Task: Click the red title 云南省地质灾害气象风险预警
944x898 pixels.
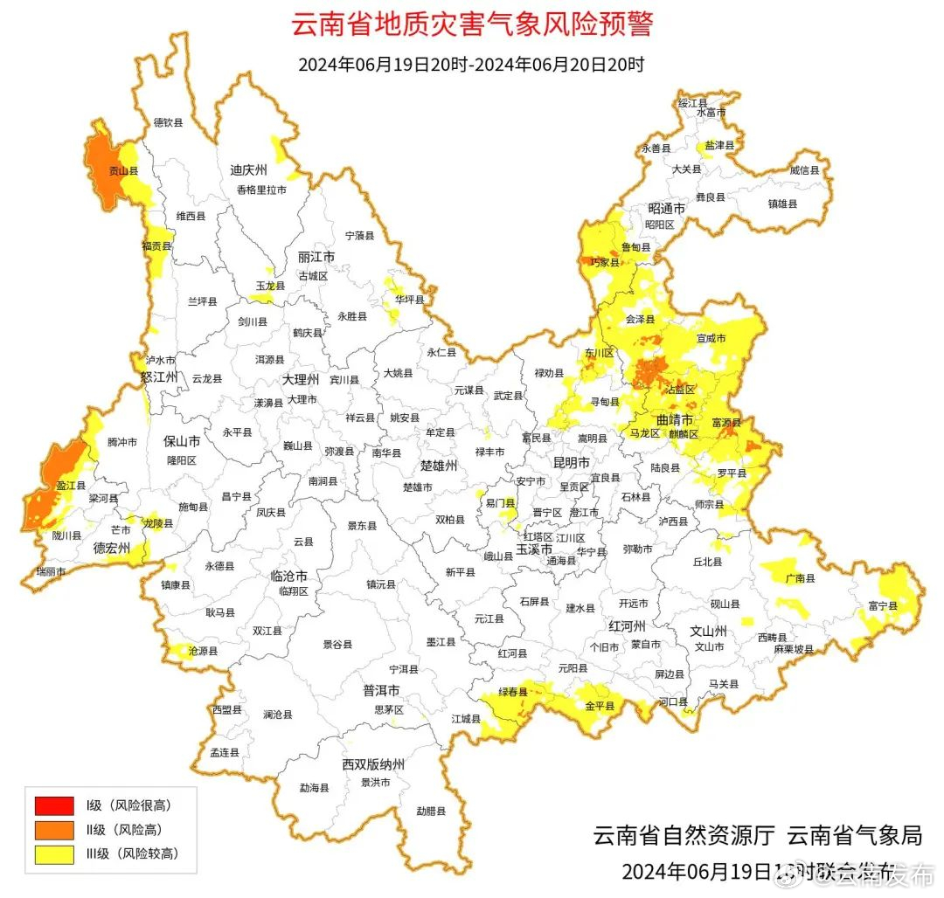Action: click(471, 24)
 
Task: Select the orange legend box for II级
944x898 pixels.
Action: click(54, 829)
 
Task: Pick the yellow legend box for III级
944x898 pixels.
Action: click(54, 854)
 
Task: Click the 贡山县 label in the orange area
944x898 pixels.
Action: click(117, 171)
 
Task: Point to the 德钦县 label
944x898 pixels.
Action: click(168, 123)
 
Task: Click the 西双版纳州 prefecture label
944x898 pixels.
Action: click(373, 764)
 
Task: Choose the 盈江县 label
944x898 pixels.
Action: click(71, 485)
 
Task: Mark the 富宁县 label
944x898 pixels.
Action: click(884, 604)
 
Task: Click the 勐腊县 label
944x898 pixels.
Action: click(431, 811)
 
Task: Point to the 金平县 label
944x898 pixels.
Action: click(600, 705)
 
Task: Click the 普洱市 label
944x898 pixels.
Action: click(382, 690)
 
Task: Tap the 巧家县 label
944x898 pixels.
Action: click(604, 261)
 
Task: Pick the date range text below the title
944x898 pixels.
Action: click(471, 65)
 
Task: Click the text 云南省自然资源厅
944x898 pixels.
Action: click(684, 835)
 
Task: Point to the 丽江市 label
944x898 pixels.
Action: click(316, 258)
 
